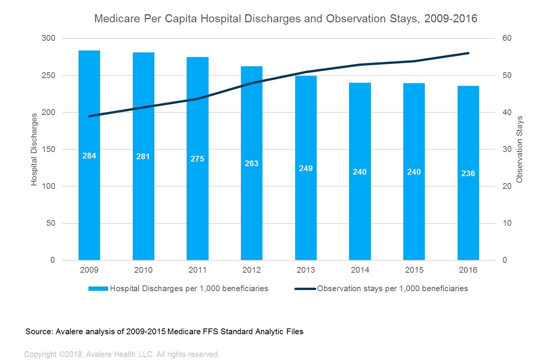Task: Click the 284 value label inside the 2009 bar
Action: (89, 156)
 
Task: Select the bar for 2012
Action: (252, 192)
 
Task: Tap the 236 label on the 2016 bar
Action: (468, 173)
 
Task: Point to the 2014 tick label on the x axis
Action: (360, 270)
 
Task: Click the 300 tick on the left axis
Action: (48, 38)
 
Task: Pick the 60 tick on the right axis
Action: (507, 38)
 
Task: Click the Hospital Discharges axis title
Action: (34, 149)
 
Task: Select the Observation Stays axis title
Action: (519, 149)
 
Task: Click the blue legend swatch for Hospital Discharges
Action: (98, 289)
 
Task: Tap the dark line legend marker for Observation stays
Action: (305, 289)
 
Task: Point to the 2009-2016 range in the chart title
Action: (451, 18)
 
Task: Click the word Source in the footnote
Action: (39, 332)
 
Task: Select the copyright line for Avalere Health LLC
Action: (122, 354)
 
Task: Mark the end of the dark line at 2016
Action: (468, 53)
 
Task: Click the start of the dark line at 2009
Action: (89, 116)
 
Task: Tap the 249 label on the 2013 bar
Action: (306, 168)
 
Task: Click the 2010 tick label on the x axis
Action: (143, 270)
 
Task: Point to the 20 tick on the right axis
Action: (507, 186)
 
